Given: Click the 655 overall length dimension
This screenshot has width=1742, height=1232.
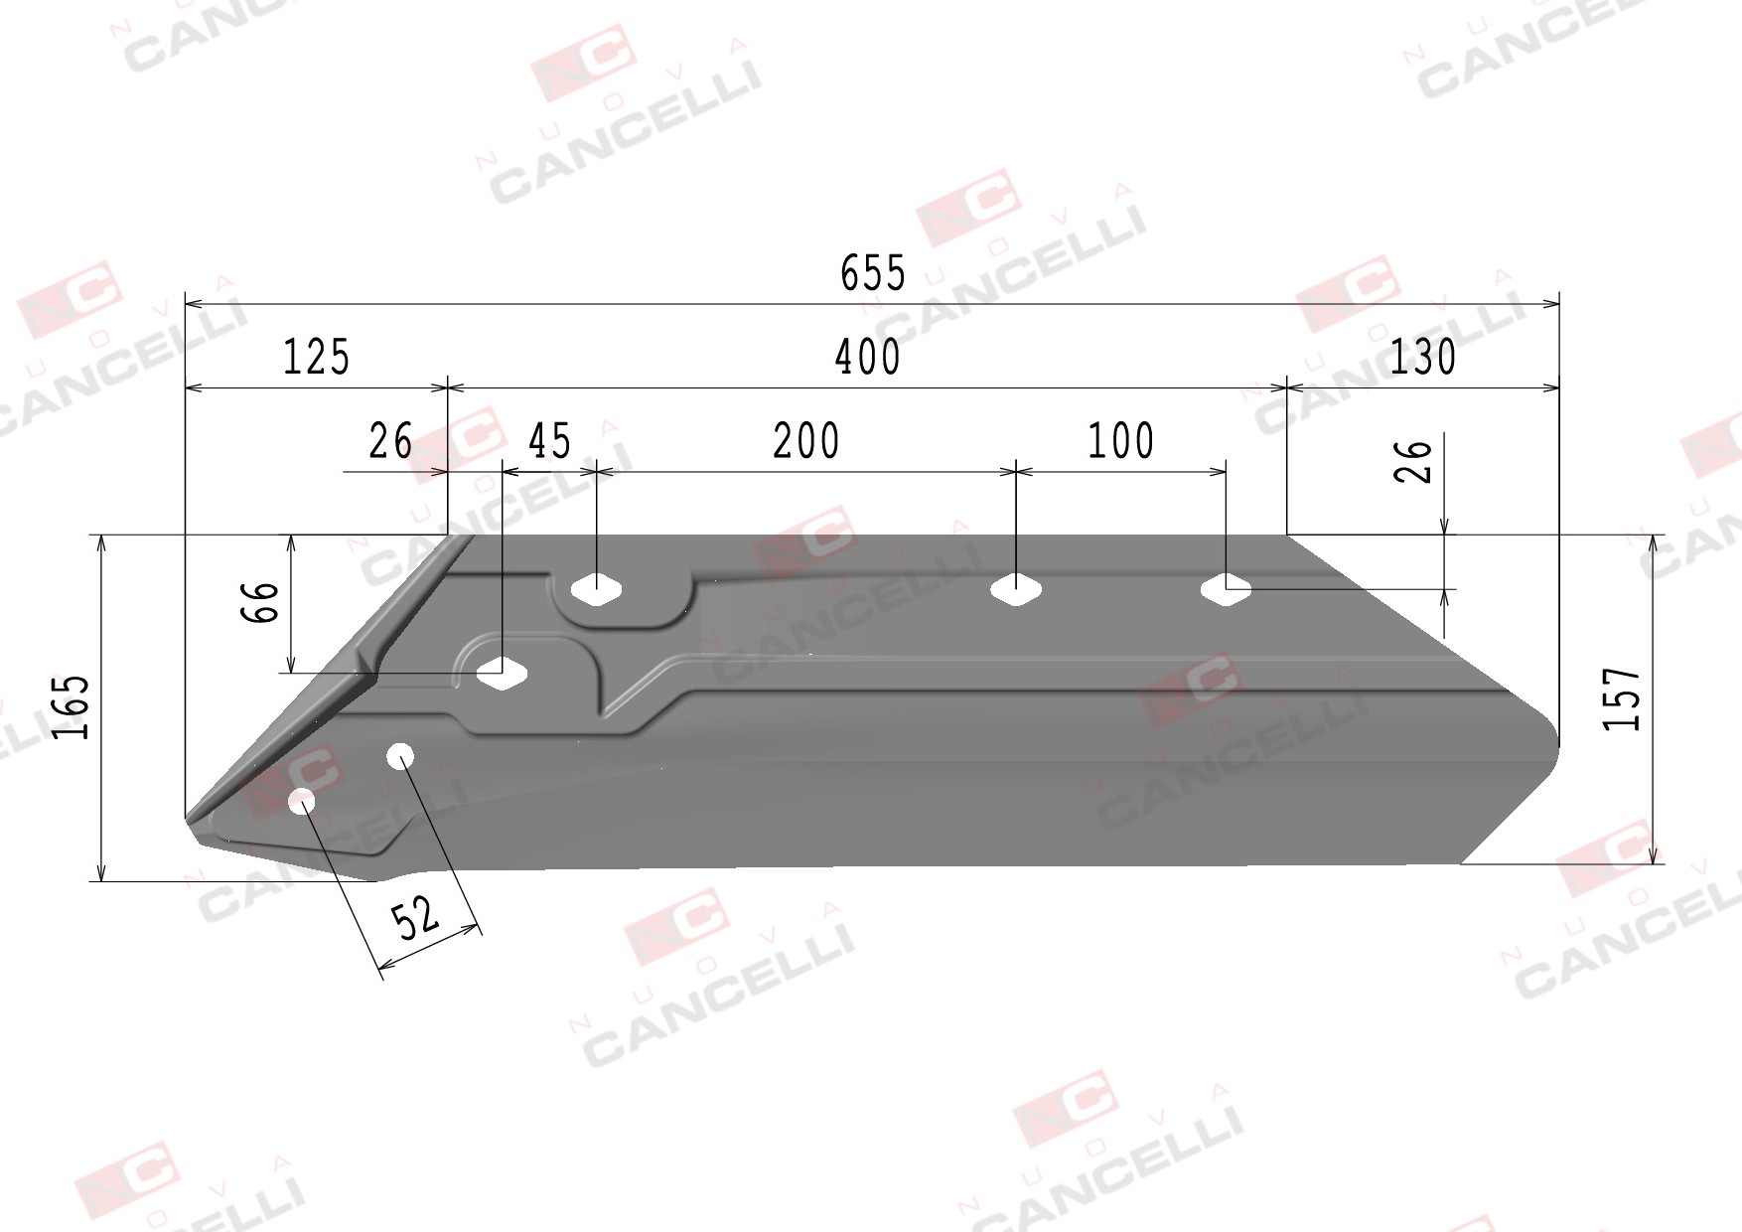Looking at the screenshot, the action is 873,273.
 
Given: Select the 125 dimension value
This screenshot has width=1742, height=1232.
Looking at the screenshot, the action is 317,358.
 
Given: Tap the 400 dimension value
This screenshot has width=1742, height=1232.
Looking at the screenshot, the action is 867,358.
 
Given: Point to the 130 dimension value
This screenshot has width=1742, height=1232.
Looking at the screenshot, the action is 1422,358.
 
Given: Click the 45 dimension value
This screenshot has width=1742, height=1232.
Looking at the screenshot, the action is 549,441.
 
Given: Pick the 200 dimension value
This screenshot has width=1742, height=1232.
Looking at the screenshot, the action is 805,441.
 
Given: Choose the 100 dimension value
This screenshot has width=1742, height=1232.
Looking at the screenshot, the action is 1121,441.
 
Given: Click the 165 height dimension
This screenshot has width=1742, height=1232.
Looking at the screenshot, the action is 73,707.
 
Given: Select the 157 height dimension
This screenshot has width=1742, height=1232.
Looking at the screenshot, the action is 1622,698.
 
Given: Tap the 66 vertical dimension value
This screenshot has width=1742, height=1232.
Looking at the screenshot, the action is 260,602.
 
